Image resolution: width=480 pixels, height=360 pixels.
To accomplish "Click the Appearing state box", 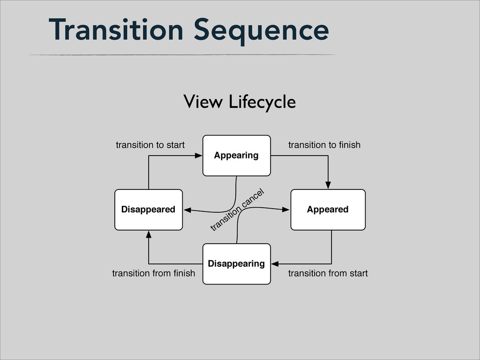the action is tap(237, 156).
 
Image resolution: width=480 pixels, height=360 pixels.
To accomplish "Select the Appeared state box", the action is tap(328, 210).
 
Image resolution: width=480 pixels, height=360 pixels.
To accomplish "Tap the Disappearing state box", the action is tap(237, 264).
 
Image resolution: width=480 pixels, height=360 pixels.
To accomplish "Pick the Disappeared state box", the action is tap(149, 210).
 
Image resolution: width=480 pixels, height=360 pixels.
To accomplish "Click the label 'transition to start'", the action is tap(150, 145).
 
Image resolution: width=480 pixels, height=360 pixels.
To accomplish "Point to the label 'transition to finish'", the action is tap(324, 145).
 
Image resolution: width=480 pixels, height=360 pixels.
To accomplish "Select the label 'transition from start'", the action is tap(328, 273).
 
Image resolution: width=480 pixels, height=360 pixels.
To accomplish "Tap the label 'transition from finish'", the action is tap(154, 273).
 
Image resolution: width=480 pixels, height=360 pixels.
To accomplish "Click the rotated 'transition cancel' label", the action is tap(237, 210).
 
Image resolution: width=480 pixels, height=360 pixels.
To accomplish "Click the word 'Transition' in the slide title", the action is tap(116, 30).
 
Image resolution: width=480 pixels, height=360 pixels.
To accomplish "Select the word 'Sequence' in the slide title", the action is tap(262, 31).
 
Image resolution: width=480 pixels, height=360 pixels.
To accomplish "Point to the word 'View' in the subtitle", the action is tap(203, 102).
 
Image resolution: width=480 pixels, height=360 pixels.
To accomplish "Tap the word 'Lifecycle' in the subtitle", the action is tap(262, 103).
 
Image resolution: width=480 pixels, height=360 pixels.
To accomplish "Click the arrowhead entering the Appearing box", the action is tap(199, 156).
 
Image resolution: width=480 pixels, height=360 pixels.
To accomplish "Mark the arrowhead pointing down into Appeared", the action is tap(328, 185).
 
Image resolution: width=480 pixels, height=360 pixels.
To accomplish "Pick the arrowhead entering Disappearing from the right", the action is tap(275, 264).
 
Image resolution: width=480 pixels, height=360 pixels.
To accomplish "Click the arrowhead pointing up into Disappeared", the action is tap(149, 234).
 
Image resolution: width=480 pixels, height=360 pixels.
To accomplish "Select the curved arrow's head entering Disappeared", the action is tap(187, 210).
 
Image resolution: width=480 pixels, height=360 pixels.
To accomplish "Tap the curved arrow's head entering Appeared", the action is tap(286, 210).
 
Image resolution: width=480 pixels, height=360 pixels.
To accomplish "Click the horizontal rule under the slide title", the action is tap(182, 55).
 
